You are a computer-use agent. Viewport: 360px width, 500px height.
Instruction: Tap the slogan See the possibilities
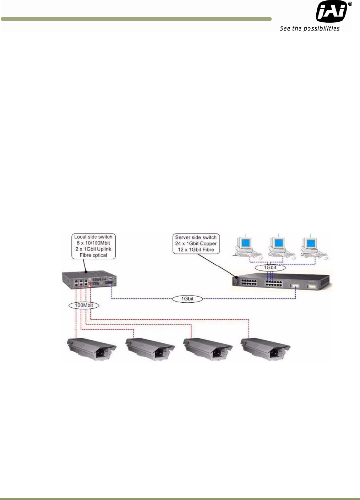(x=310, y=28)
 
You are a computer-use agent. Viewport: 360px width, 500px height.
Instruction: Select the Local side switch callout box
(x=93, y=246)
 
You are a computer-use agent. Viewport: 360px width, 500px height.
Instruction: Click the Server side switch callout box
(x=196, y=243)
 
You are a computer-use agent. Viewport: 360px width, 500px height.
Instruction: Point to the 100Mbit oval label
(x=84, y=305)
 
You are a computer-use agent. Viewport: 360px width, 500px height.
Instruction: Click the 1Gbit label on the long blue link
(x=187, y=299)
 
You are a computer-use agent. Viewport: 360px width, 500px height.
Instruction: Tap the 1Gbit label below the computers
(x=270, y=268)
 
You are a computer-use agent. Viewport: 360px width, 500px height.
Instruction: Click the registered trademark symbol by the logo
(x=350, y=4)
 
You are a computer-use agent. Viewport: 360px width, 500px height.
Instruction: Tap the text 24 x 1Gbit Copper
(x=196, y=243)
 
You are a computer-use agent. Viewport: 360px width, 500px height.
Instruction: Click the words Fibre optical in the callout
(x=93, y=255)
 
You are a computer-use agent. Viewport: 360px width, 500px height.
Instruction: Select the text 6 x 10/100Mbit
(x=93, y=243)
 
